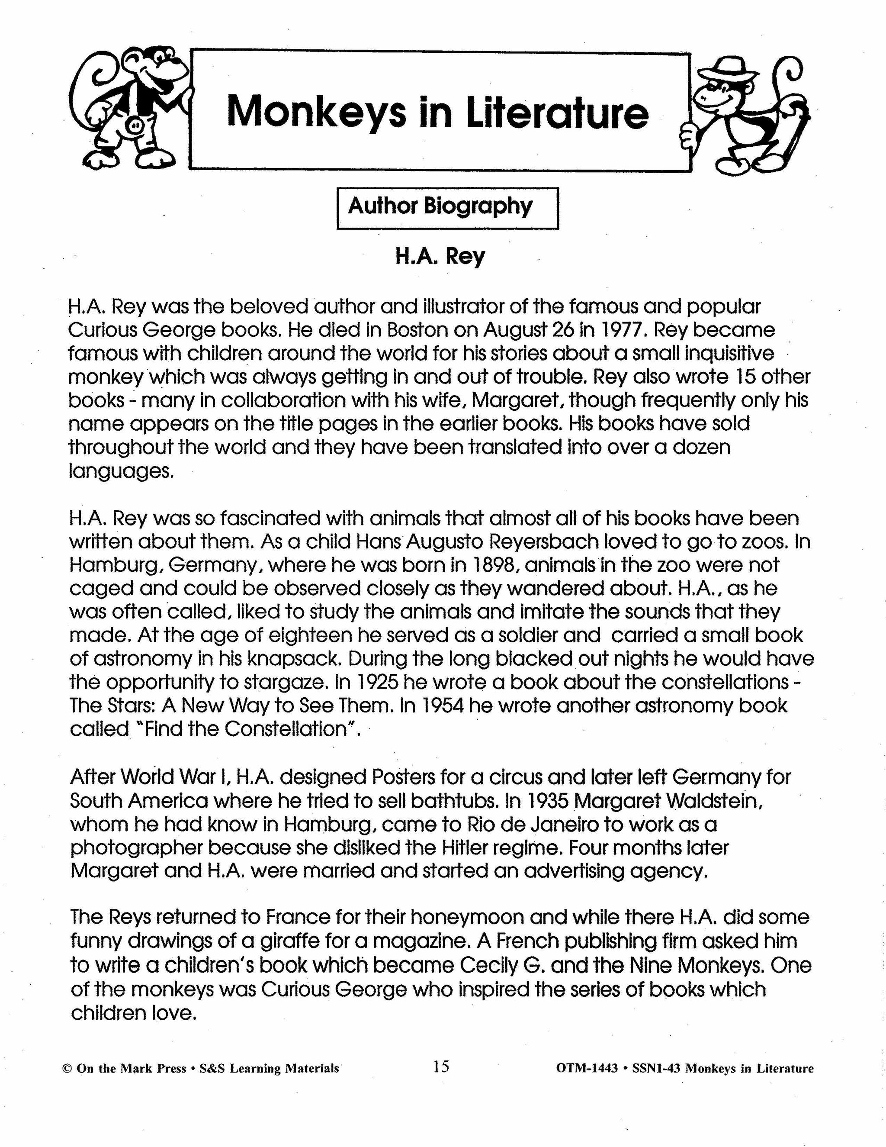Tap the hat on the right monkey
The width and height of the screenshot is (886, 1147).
[731, 68]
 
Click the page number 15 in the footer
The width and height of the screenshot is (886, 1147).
[441, 1066]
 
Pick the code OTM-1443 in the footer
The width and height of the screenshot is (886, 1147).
[586, 1069]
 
